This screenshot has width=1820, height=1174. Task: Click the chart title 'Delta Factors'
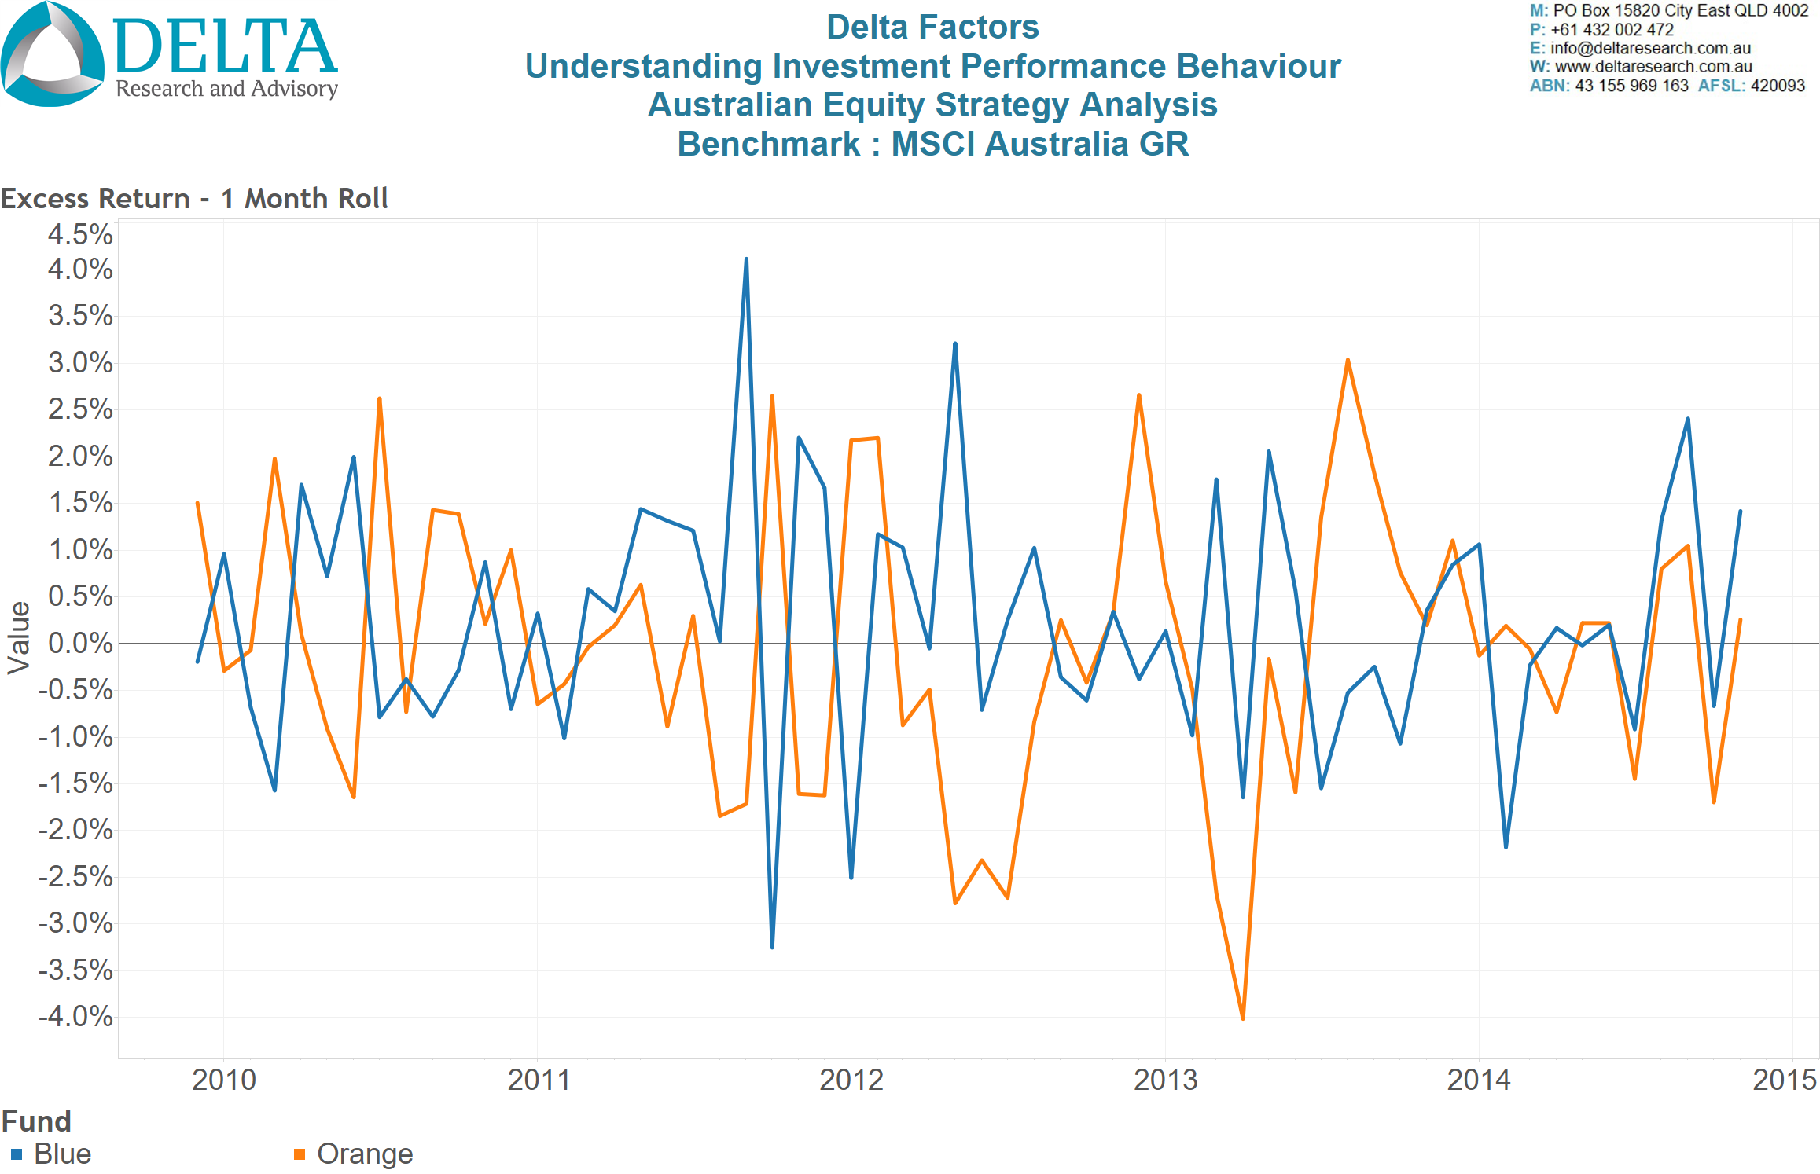tap(932, 28)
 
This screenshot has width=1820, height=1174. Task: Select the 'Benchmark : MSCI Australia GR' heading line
tap(932, 145)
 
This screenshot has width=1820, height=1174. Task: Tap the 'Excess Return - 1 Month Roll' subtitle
tap(194, 199)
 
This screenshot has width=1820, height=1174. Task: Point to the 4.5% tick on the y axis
tap(80, 234)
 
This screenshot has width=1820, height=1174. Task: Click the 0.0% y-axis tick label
tap(80, 644)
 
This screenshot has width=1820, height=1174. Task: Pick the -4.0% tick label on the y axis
tap(76, 1017)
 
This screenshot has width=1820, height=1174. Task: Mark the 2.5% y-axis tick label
tap(80, 409)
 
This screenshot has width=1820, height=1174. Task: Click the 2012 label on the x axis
tap(851, 1080)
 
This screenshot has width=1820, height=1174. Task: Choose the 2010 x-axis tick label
tap(224, 1080)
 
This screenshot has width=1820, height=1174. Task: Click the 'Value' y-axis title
tap(19, 638)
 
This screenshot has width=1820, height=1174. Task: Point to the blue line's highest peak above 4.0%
tap(746, 259)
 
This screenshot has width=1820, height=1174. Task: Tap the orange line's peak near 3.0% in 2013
tap(1348, 361)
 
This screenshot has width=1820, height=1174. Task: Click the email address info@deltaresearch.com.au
tap(1650, 48)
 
